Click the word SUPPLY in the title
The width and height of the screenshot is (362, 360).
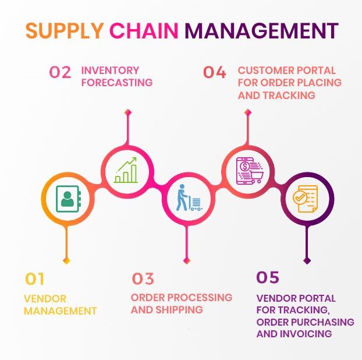point(65,30)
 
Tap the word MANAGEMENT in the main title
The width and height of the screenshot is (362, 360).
point(261,30)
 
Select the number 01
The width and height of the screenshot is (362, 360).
point(35,278)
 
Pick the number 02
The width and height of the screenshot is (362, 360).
point(61,73)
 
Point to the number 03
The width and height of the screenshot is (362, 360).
point(143,278)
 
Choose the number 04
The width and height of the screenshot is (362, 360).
point(215,73)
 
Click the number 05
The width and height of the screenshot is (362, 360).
point(268,277)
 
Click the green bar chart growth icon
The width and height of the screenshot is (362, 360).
point(126,170)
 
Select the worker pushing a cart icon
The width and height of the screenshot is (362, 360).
point(187,198)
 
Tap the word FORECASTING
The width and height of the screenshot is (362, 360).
point(117,82)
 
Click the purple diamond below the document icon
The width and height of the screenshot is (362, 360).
point(307,260)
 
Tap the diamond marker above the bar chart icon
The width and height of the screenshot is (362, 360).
point(127,112)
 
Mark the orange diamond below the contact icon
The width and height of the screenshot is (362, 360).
point(67,260)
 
